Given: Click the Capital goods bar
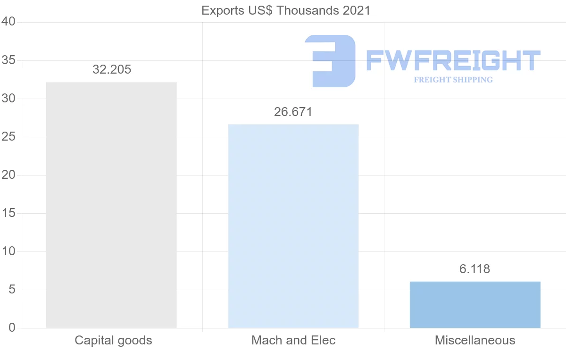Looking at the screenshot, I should tap(111, 205).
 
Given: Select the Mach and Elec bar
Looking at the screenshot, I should tap(293, 226).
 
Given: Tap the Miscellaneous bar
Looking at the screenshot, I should tap(475, 304).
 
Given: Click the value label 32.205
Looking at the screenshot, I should tap(112, 70).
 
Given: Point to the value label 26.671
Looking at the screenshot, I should tap(293, 112).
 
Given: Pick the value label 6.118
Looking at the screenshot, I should tap(474, 269).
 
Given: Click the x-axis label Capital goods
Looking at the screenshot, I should tap(113, 340).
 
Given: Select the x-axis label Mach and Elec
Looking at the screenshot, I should tap(293, 340).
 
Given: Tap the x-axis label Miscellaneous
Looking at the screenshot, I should tap(475, 340).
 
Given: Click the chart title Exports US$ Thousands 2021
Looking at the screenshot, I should tap(286, 10).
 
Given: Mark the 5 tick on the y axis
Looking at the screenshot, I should tap(12, 290).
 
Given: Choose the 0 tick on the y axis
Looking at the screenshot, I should tap(12, 328).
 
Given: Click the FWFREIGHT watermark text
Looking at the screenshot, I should tap(453, 61).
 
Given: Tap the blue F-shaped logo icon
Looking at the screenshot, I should tap(330, 61).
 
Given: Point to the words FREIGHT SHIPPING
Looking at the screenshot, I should tap(453, 80).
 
